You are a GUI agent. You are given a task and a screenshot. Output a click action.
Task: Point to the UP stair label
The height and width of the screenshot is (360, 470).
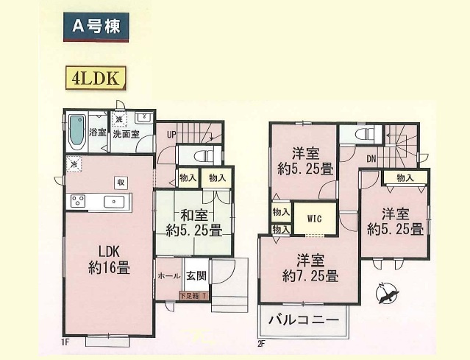(171, 135)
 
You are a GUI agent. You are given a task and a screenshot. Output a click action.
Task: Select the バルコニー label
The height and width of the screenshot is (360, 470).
(303, 320)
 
